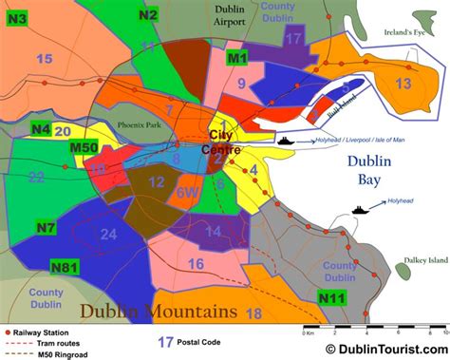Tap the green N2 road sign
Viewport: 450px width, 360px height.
pyautogui.click(x=147, y=14)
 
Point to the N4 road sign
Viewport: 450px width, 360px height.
pyautogui.click(x=40, y=129)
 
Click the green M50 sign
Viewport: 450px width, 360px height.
pyautogui.click(x=84, y=147)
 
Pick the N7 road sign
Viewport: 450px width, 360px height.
pyautogui.click(x=47, y=228)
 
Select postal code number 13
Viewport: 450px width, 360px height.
pyautogui.click(x=403, y=84)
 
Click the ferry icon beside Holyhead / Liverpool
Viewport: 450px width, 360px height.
pyautogui.click(x=287, y=141)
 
